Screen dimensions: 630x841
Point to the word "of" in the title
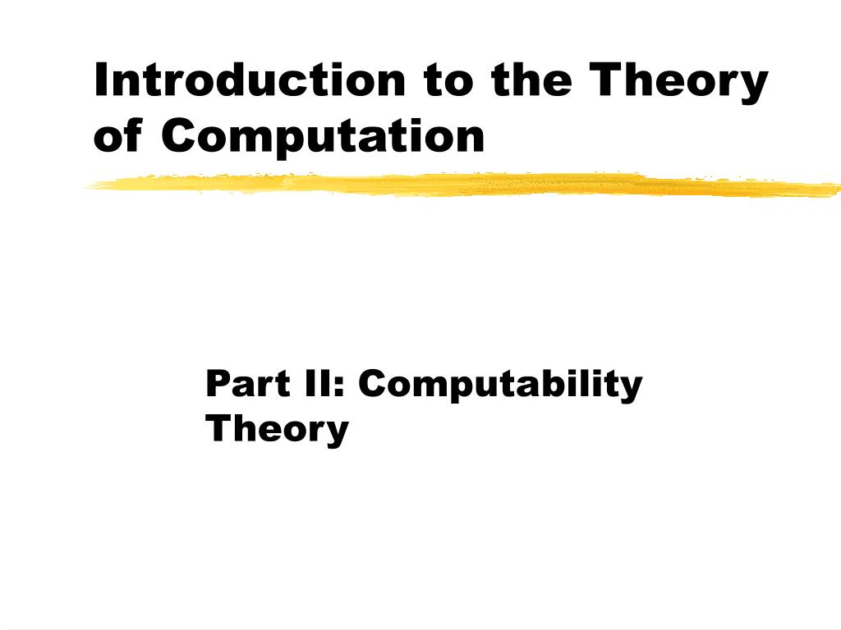coord(117,135)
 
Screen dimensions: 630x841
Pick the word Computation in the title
coord(323,137)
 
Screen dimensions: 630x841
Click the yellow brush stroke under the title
coord(460,185)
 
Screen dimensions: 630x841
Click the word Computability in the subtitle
coord(500,386)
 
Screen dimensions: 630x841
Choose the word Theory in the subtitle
coord(277,429)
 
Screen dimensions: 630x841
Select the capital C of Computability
coord(374,383)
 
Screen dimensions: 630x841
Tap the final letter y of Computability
coord(631,388)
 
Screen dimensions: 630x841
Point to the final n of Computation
coord(471,139)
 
